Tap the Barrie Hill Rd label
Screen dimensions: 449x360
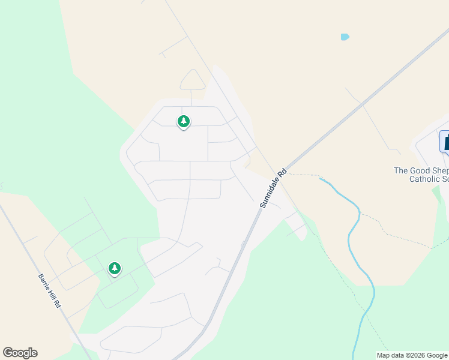point(50,292)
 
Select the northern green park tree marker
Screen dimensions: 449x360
point(184,122)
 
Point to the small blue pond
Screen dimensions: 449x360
point(345,37)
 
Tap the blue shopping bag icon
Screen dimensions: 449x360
point(445,142)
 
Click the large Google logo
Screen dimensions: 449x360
point(20,353)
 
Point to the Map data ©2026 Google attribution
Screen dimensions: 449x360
point(412,355)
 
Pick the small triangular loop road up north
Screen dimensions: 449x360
point(192,80)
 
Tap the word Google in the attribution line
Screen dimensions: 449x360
point(436,355)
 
